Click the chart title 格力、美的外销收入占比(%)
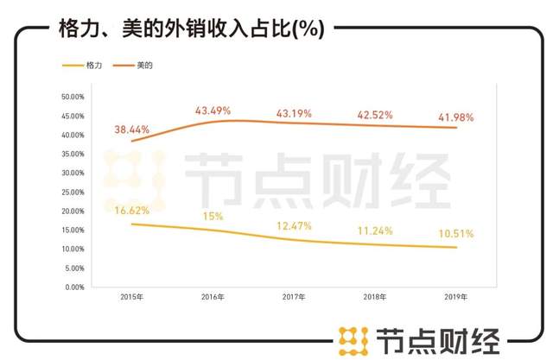[190, 28]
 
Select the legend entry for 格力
[86, 65]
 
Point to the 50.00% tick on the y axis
[71, 97]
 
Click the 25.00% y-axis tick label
[71, 192]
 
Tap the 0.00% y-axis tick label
[73, 287]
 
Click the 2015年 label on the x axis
[132, 297]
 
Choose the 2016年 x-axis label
[212, 297]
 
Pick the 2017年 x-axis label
[295, 297]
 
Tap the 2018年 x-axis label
[375, 297]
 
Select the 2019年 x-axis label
[455, 297]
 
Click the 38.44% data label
[132, 129]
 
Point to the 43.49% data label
[213, 111]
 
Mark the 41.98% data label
[455, 117]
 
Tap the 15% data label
[213, 216]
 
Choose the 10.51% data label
[455, 233]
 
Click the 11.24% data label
[375, 231]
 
